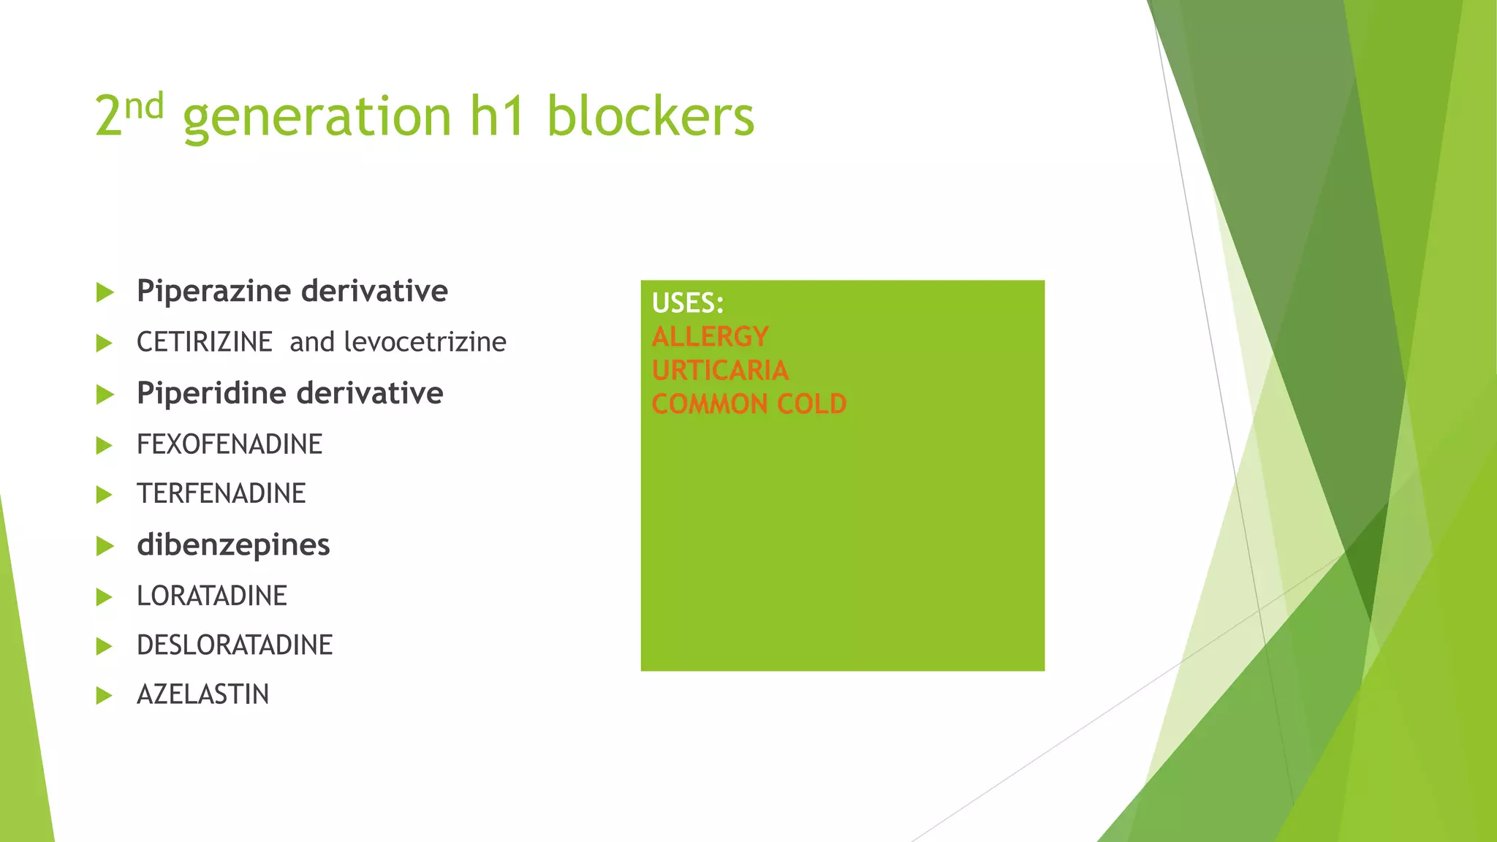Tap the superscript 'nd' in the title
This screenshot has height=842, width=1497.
tap(144, 107)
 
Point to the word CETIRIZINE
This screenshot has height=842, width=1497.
tap(204, 342)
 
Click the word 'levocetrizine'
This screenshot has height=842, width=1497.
tap(425, 342)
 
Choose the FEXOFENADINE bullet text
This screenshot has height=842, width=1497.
tap(229, 444)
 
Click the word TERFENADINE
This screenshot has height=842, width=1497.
tap(221, 494)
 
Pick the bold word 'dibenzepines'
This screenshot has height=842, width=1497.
tap(233, 545)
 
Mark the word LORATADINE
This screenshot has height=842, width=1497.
tap(211, 596)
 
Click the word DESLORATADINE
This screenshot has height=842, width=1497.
tap(234, 645)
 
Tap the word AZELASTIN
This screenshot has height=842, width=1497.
tap(202, 694)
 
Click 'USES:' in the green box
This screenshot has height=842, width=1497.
tap(687, 303)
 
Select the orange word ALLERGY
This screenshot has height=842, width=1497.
tap(710, 337)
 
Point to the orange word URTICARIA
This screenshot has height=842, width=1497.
tap(720, 371)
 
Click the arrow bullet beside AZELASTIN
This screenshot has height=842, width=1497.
tap(105, 695)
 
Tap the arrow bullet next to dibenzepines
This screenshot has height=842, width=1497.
tap(105, 546)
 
